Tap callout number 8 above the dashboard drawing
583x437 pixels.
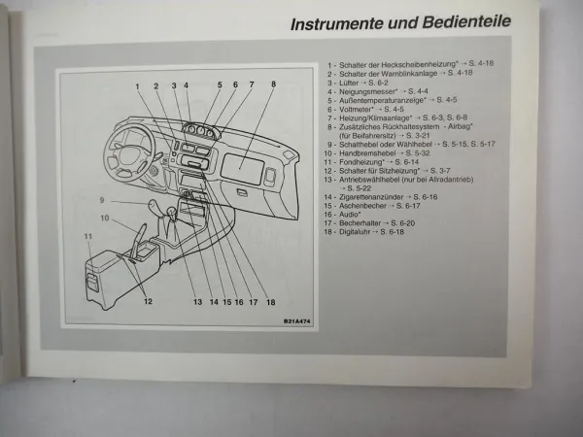click(x=273, y=85)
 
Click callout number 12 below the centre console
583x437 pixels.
click(x=148, y=301)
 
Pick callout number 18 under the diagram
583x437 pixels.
click(x=271, y=302)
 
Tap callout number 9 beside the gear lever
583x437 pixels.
click(x=100, y=200)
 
